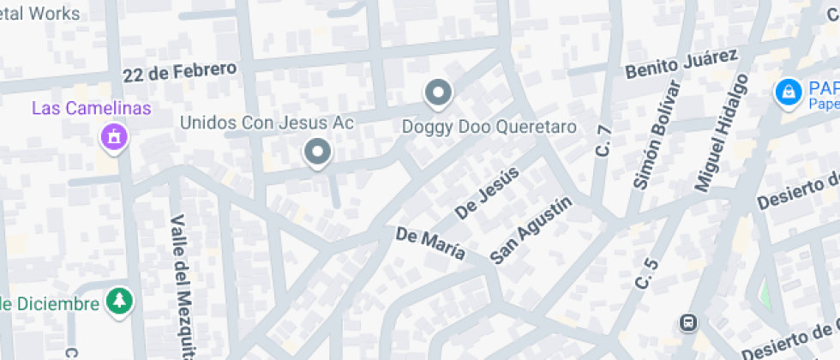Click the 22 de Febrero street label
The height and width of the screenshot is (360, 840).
coord(179,72)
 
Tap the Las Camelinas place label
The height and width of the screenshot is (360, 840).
coord(91,108)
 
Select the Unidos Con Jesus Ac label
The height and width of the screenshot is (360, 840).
coord(267,123)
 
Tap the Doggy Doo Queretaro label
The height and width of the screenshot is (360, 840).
coord(489,127)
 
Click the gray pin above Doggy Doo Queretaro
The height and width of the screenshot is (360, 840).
coord(439,93)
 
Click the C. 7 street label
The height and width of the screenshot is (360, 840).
coord(604,141)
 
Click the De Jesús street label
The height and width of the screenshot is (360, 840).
coord(487,192)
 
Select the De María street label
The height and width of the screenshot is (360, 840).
coord(430,243)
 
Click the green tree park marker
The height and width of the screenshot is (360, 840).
coord(119,301)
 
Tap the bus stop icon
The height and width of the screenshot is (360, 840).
coord(687,323)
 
